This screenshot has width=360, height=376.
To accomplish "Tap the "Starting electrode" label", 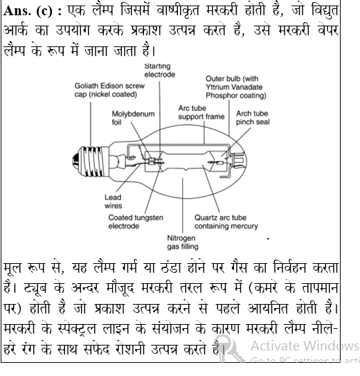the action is tap(159, 70).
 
